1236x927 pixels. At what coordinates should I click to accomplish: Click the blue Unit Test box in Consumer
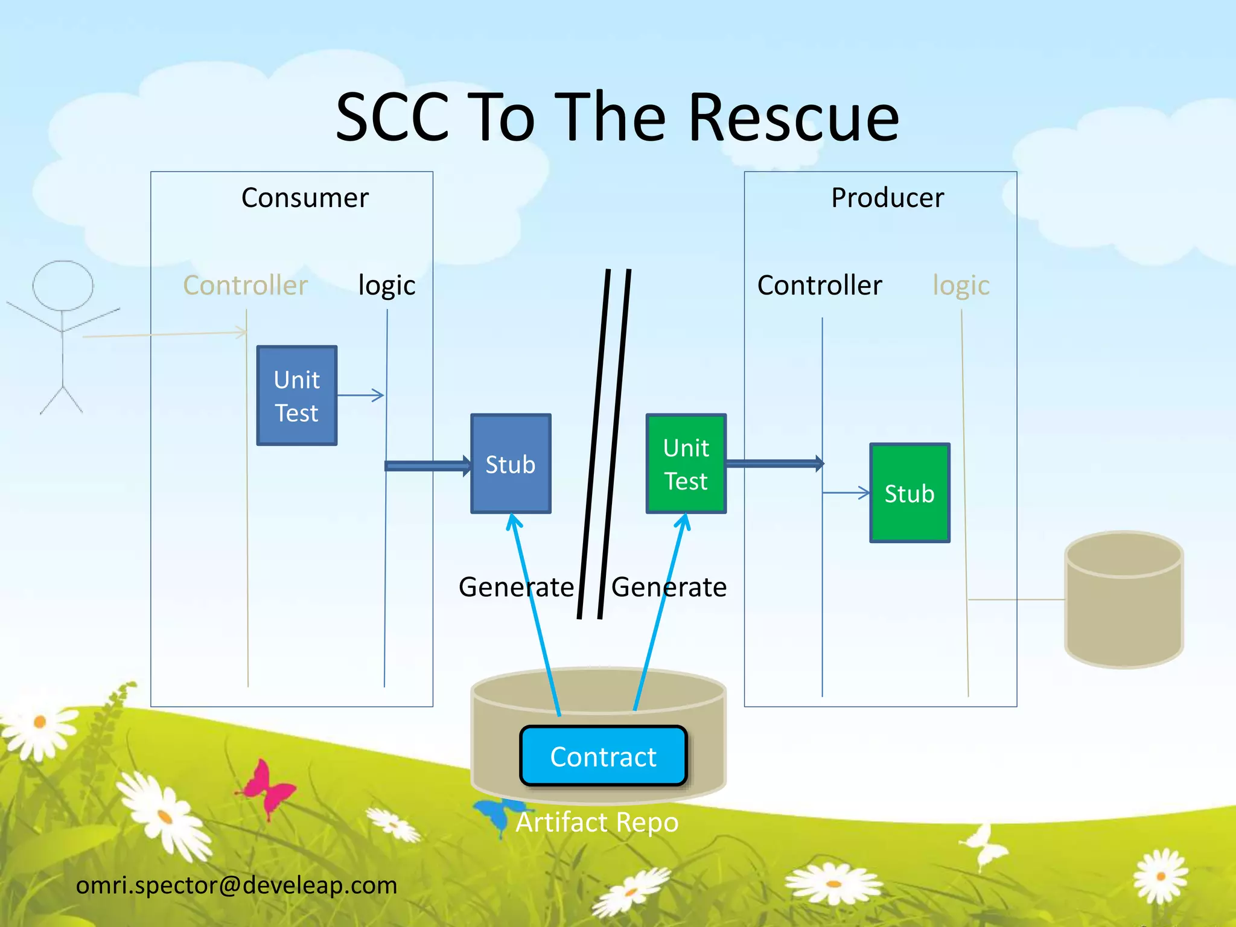pyautogui.click(x=296, y=396)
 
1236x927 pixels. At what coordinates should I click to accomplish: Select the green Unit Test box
pyautogui.click(x=686, y=464)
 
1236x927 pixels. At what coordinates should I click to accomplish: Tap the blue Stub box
pyautogui.click(x=511, y=464)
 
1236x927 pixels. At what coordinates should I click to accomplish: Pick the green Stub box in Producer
pyautogui.click(x=909, y=493)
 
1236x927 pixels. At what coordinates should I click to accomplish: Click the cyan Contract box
pyautogui.click(x=603, y=756)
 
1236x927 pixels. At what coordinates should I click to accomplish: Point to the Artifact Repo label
pyautogui.click(x=597, y=822)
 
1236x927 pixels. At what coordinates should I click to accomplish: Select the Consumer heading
pyautogui.click(x=305, y=198)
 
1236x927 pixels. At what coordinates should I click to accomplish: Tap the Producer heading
pyautogui.click(x=887, y=198)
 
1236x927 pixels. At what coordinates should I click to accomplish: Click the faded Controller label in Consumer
pyautogui.click(x=245, y=285)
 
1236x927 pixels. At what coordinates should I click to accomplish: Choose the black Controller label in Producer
pyautogui.click(x=819, y=285)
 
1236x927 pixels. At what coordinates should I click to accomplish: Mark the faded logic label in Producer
pyautogui.click(x=961, y=285)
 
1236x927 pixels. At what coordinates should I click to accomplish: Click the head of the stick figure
pyautogui.click(x=63, y=285)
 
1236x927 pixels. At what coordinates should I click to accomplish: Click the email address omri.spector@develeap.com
pyautogui.click(x=236, y=885)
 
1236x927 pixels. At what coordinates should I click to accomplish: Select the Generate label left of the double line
pyautogui.click(x=516, y=587)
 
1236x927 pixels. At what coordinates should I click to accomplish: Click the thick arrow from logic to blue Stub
pyautogui.click(x=427, y=465)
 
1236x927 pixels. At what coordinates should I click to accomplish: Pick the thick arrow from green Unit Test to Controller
pyautogui.click(x=774, y=463)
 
